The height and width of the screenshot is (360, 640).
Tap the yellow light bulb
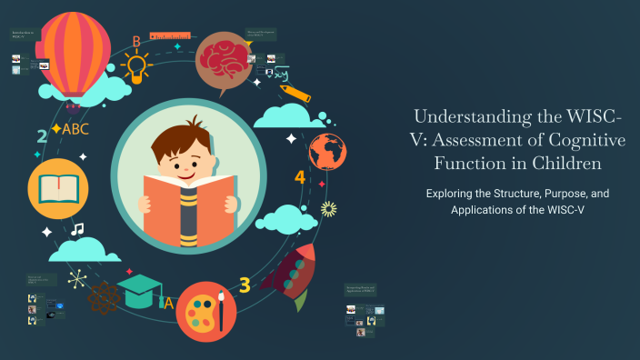[x=135, y=65]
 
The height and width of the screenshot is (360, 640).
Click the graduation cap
[x=145, y=290]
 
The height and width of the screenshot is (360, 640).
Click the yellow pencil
[x=295, y=93]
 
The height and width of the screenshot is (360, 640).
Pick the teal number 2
[x=42, y=137]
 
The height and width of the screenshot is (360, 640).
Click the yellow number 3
[x=245, y=285]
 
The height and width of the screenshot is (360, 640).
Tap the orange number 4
[x=300, y=177]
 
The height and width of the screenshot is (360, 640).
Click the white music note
[x=77, y=229]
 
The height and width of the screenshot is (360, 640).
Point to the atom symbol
[x=104, y=295]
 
